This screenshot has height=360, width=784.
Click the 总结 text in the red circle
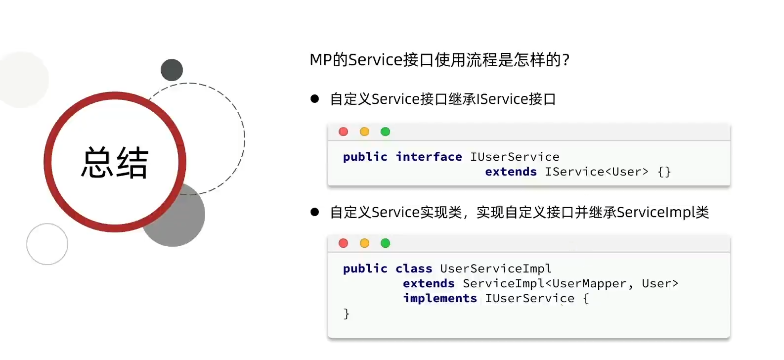point(115,163)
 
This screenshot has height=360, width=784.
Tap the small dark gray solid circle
point(172,70)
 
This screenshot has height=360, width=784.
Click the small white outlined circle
point(47,244)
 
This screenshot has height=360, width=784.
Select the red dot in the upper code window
point(344,132)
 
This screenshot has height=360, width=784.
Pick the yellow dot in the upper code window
point(364,132)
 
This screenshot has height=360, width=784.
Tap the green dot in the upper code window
point(386,132)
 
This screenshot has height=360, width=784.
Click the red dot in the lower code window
point(344,243)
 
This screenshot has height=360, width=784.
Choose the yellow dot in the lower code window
point(364,243)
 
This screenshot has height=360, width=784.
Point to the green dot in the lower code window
point(386,243)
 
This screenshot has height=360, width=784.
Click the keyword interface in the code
point(429,157)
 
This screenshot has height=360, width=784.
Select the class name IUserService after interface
point(515,157)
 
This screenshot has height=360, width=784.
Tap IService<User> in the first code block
point(596,172)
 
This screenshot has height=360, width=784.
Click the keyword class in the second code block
point(414,268)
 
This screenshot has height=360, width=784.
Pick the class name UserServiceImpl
point(496,269)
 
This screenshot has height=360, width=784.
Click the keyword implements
point(440,298)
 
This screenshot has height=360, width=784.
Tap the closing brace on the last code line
point(346,314)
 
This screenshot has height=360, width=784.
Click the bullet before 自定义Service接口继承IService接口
point(315,99)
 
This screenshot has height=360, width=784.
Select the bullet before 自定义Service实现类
point(315,212)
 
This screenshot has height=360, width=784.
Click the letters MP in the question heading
point(321,60)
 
